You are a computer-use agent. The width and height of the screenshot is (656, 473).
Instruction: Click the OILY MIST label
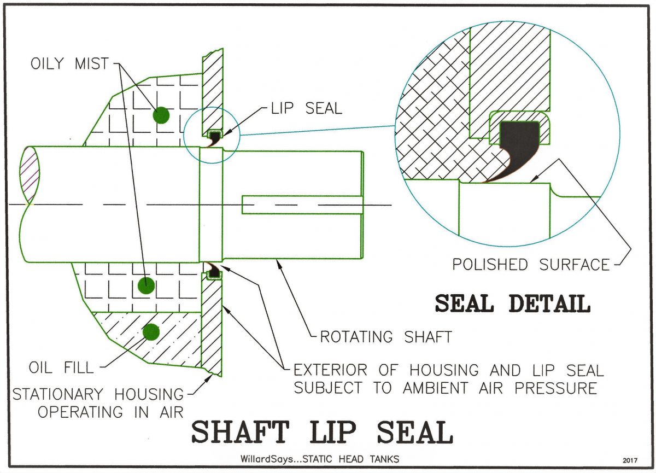[x=70, y=63]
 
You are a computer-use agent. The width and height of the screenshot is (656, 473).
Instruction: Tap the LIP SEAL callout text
[x=306, y=108]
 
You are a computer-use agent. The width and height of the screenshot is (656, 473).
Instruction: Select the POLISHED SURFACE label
[x=531, y=265]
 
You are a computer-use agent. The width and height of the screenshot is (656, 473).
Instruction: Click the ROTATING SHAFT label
[x=386, y=337]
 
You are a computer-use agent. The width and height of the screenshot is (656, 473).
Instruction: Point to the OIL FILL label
[x=61, y=367]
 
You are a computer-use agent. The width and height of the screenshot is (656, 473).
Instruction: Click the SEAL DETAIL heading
[x=513, y=303]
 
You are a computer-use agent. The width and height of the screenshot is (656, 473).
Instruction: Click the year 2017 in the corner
[x=630, y=460]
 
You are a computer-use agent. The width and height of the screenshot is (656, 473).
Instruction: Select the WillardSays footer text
[x=320, y=459]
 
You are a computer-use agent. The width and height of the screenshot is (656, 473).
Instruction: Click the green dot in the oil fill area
[x=151, y=332]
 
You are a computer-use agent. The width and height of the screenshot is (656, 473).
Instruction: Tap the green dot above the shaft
[x=161, y=115]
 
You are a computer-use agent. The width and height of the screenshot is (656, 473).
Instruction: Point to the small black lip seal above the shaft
[x=214, y=138]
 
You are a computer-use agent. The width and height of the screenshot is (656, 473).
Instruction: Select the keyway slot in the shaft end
[x=302, y=205]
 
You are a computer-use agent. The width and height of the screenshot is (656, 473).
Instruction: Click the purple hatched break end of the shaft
[x=30, y=176]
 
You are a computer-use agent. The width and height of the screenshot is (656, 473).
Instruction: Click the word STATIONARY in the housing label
[x=58, y=394]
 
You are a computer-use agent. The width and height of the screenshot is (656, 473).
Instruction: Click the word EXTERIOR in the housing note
[x=330, y=370]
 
